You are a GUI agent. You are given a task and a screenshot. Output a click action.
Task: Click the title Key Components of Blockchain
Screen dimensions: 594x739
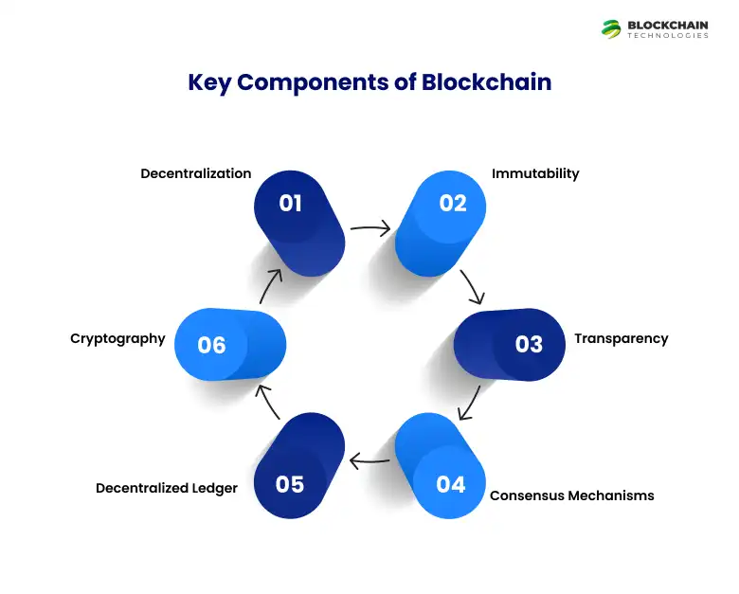point(369,82)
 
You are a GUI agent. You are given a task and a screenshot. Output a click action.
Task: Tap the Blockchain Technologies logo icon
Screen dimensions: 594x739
point(611,28)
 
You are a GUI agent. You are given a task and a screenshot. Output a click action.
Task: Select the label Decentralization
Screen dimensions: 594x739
point(196,173)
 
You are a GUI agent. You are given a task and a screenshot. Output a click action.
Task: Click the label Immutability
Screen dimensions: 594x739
point(535,173)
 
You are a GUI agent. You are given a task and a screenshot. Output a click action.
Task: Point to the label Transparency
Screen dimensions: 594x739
point(621,338)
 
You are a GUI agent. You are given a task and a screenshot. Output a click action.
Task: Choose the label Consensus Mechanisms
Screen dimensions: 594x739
point(571,495)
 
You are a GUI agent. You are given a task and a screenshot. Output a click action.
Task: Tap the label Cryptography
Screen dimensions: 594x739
point(117,338)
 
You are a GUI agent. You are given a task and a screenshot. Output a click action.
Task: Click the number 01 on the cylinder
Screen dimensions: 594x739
point(290,203)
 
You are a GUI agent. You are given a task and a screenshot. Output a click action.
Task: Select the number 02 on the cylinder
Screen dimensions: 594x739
point(453,203)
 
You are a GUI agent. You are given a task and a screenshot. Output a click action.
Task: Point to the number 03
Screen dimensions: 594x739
point(529,344)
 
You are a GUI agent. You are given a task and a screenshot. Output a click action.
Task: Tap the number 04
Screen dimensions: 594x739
point(451,484)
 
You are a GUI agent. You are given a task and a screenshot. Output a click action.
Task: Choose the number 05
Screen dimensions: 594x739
point(290,484)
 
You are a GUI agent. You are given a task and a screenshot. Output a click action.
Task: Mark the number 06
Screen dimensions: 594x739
point(211,344)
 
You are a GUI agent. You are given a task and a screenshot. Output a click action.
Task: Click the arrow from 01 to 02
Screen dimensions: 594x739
point(370,227)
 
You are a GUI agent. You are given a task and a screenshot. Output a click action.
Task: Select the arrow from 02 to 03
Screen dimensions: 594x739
point(471,284)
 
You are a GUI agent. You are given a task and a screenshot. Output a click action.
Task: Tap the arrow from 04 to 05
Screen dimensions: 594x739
point(369,461)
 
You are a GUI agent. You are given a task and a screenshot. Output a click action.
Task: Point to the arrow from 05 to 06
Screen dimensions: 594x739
point(270,402)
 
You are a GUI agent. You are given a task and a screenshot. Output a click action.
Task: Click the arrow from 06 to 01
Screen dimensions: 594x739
point(271,285)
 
